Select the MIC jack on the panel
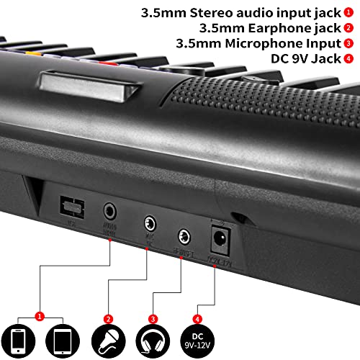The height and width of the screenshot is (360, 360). [x=150, y=222]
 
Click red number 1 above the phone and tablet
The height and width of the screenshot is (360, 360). [x=41, y=315]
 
